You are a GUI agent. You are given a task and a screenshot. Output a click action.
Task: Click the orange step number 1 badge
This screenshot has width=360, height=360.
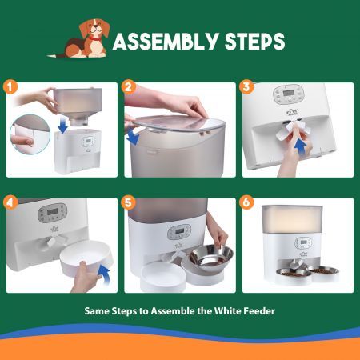pos(10,87)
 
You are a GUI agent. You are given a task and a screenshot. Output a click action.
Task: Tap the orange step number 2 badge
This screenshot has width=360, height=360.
pos(128,87)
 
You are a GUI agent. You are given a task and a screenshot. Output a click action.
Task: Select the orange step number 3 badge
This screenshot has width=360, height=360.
pos(246,87)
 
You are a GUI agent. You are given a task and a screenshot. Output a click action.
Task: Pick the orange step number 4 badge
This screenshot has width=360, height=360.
pos(10,202)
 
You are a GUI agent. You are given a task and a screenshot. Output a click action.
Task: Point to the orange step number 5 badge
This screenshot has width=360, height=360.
pos(128,202)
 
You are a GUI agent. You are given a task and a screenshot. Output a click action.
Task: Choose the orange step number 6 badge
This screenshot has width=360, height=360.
pos(246,202)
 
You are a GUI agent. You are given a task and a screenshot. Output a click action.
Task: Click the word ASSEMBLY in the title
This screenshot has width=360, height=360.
pos(166,42)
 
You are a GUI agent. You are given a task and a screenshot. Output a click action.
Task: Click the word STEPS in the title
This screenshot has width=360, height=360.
pos(255,42)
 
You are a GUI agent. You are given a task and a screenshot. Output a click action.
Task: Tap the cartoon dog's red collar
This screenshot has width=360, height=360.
pos(94,38)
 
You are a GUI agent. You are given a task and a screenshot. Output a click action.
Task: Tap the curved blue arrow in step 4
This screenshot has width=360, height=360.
pos(105,274)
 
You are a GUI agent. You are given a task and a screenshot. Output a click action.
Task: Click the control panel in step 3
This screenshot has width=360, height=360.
pos(289,94)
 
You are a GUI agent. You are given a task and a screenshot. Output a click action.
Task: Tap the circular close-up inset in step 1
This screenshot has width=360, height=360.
pos(30,134)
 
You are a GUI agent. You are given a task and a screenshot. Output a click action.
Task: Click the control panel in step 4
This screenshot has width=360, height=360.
pos(53,213)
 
